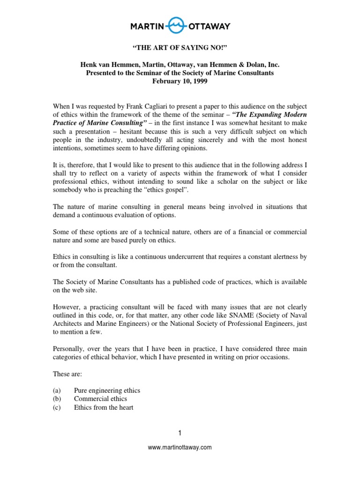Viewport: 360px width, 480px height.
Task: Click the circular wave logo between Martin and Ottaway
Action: [180, 26]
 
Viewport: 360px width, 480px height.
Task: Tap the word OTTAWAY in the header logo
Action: [210, 26]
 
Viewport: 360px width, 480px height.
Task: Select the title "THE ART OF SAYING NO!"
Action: [180, 48]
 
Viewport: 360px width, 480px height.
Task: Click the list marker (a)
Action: [55, 390]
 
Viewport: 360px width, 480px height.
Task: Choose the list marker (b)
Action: [55, 399]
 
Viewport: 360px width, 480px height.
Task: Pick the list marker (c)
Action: [55, 407]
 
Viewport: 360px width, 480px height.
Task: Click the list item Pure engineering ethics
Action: [107, 390]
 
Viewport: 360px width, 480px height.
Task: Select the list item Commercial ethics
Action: [100, 399]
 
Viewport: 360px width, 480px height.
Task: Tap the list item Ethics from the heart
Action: [104, 407]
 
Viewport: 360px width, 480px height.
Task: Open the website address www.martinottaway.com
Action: [180, 447]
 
